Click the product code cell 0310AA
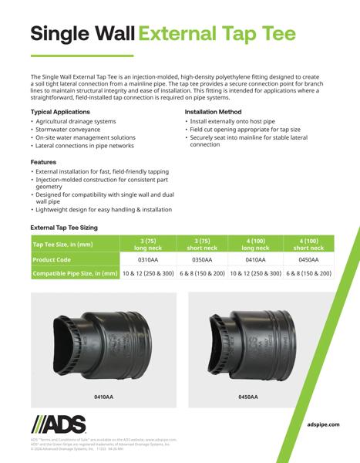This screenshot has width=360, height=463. pos(148,260)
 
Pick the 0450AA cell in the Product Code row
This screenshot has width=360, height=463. pos(308,260)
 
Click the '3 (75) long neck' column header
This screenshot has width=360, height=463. pos(148,245)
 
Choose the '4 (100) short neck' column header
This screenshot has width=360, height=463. pos(308,245)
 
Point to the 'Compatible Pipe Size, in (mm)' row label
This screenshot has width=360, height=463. pos(75,274)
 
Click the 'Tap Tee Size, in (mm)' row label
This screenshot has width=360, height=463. pos(64,245)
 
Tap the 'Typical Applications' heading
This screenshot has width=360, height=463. pos(60,112)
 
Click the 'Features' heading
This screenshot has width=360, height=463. pos(43,161)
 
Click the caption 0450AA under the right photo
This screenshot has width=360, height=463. pos(248,397)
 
